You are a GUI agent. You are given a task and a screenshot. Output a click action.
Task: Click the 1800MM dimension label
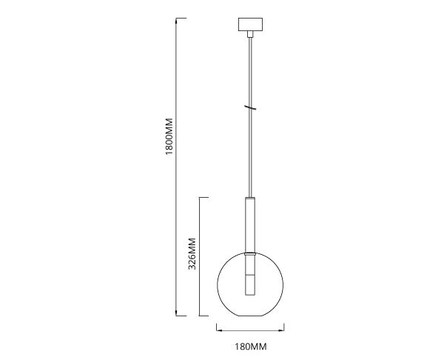169,136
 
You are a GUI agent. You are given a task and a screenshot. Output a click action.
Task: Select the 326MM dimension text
192,253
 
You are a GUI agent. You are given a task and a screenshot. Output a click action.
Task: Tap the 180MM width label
251,347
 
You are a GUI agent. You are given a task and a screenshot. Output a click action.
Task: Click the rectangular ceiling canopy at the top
250,24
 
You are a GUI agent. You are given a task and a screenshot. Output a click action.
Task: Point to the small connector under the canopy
250,34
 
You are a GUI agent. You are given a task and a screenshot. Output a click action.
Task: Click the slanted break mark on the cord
251,107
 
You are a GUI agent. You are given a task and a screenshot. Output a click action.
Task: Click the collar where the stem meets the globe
250,253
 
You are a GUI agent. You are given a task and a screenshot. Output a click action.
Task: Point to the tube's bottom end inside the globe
250,295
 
